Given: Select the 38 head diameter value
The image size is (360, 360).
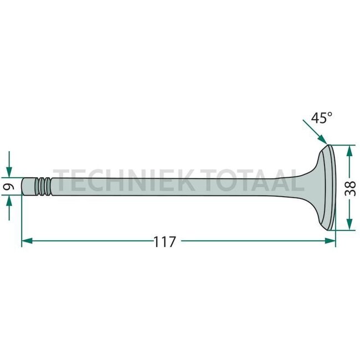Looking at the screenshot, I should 349,188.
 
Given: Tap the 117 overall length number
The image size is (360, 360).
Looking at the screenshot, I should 164,241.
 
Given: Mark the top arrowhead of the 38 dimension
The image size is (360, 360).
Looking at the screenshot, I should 349,150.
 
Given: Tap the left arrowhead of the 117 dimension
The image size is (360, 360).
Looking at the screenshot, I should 27,241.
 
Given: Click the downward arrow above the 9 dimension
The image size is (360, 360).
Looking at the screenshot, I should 9,168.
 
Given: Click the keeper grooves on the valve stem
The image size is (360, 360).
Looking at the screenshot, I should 43,187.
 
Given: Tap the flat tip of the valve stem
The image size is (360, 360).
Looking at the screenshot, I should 23,187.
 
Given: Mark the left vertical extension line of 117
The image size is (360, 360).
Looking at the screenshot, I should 21,222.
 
